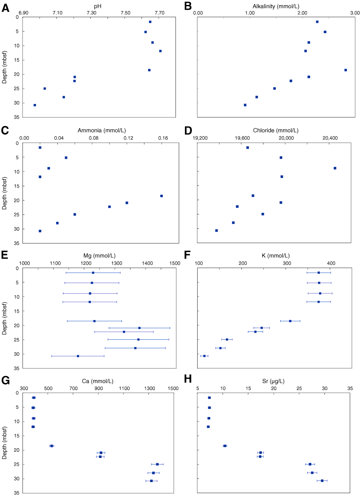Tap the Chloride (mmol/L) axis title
275,131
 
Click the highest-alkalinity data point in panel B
346,70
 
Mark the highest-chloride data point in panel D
335,168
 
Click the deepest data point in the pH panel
35,105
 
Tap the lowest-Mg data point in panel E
78,356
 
